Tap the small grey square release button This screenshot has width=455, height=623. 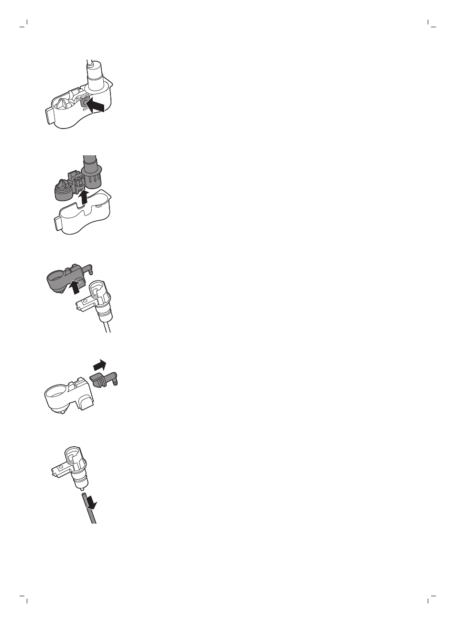pyautogui.click(x=84, y=102)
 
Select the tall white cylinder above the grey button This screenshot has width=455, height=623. pyautogui.click(x=95, y=76)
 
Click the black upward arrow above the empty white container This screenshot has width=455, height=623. pyautogui.click(x=84, y=196)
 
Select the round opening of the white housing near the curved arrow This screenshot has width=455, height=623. pyautogui.click(x=56, y=396)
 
